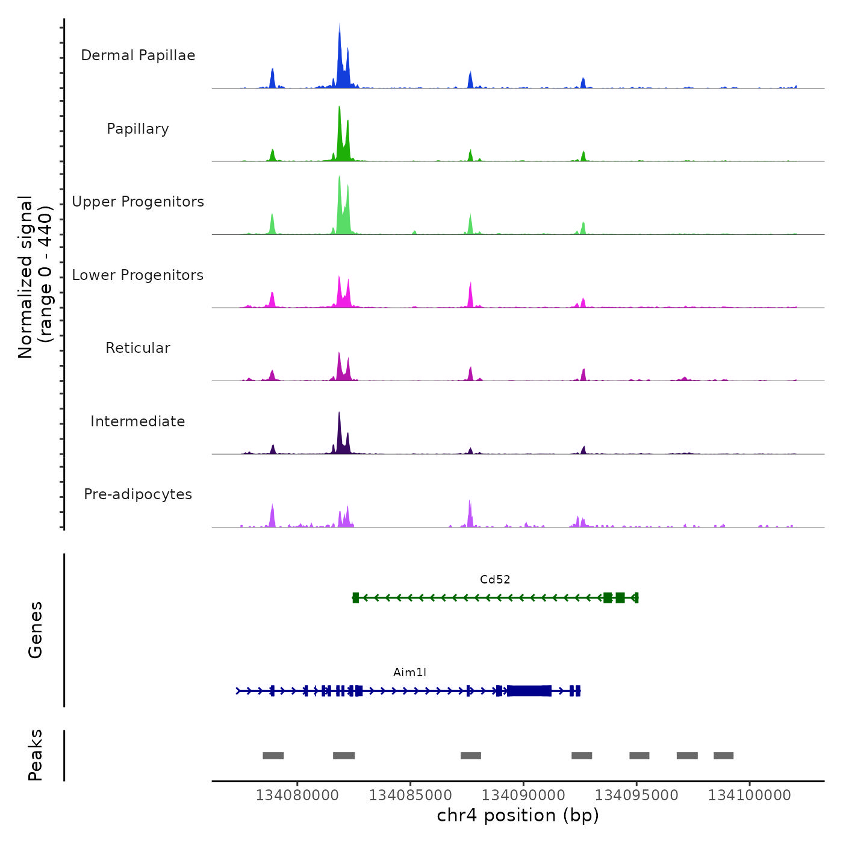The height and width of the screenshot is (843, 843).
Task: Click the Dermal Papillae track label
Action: tap(138, 55)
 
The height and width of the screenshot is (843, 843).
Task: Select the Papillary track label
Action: tap(138, 129)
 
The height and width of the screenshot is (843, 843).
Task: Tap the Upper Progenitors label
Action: tap(138, 202)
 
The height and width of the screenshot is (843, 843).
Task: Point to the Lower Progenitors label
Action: tap(138, 275)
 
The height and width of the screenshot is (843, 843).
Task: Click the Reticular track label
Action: tap(138, 348)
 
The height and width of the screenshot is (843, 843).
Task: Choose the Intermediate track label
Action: tap(138, 421)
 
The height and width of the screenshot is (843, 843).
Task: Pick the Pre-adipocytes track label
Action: tap(138, 494)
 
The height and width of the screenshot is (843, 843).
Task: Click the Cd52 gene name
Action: tap(495, 580)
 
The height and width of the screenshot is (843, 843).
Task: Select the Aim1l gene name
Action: tap(409, 673)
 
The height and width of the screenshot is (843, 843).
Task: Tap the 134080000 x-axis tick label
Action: tap(297, 795)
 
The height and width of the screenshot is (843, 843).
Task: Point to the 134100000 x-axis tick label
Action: tap(750, 795)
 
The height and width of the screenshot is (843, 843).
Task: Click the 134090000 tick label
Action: tap(523, 795)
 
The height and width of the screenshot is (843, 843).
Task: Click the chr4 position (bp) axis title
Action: tap(518, 815)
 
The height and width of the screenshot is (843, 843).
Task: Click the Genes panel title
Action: tap(36, 630)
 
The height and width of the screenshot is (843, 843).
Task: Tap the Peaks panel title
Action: tap(36, 755)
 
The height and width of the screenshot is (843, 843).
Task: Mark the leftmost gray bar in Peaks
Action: tap(273, 756)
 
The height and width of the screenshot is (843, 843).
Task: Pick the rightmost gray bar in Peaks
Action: tap(723, 756)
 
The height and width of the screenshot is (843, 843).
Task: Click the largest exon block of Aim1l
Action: tap(529, 691)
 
